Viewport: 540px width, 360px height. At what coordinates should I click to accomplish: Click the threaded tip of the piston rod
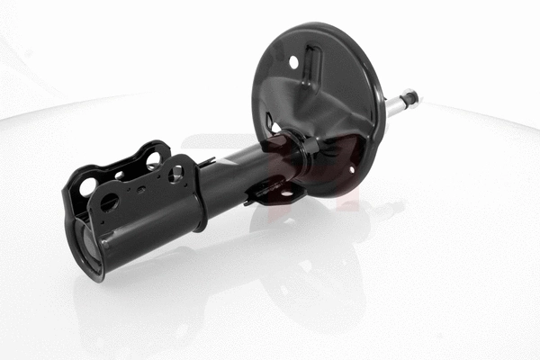410,94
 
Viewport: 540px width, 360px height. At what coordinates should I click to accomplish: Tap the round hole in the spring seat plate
293,62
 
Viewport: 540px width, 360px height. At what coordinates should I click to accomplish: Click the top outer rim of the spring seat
315,27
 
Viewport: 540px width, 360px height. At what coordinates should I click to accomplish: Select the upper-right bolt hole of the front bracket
175,172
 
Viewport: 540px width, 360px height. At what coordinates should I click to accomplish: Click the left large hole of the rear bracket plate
88,187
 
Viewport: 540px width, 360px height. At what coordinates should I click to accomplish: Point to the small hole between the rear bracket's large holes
120,175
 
